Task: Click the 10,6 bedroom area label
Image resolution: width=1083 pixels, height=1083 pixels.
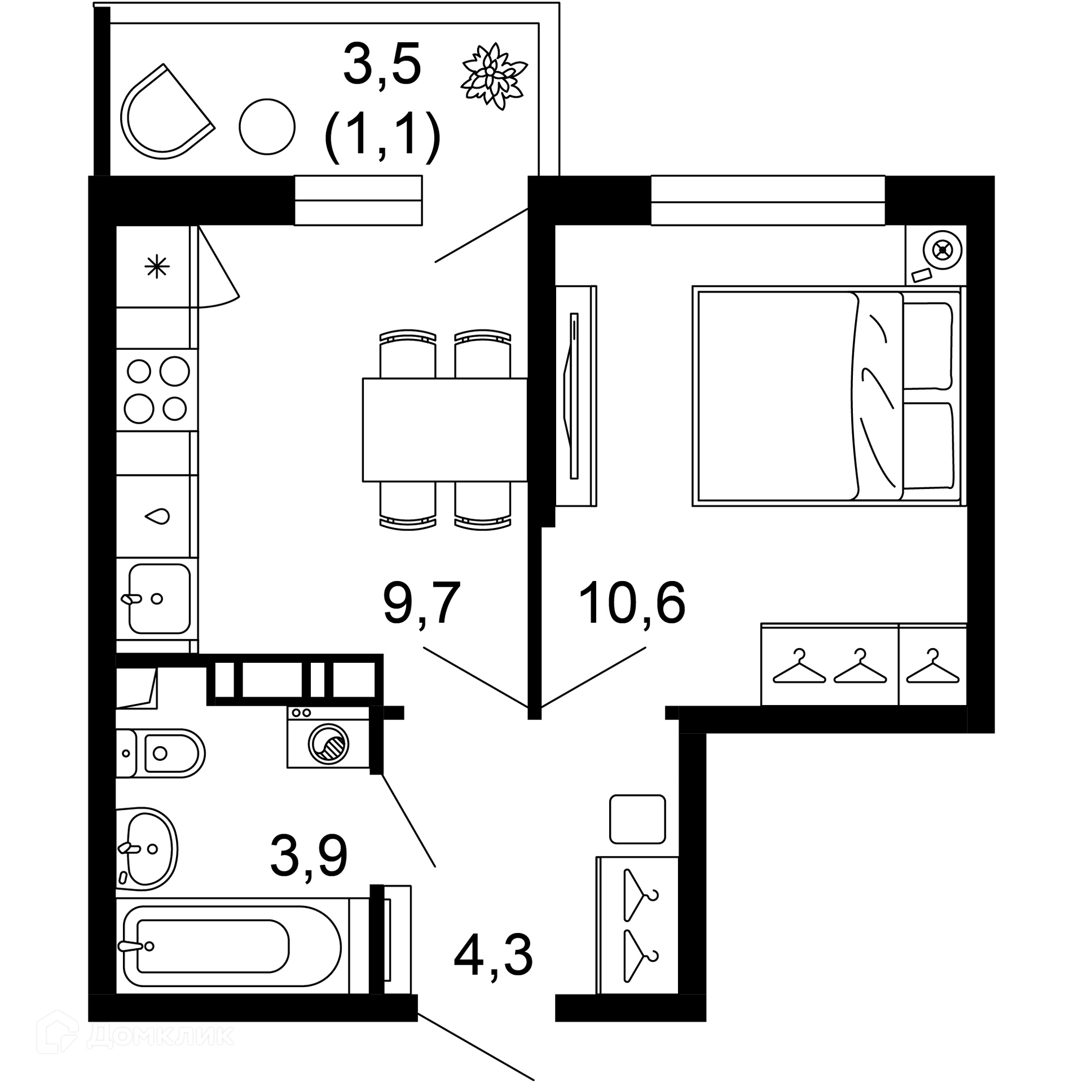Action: tap(632, 604)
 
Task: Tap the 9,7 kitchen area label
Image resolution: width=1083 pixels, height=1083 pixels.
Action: tap(422, 604)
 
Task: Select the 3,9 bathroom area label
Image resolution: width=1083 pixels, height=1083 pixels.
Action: tap(309, 856)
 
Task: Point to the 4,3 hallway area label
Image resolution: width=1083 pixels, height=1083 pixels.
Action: tap(493, 956)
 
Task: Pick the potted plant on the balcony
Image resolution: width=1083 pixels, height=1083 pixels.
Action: tap(494, 76)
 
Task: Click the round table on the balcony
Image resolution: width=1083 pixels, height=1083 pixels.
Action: tap(267, 127)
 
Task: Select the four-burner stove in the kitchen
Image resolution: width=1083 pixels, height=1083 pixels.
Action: tap(157, 390)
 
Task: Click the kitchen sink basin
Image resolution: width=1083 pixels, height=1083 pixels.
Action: tap(159, 598)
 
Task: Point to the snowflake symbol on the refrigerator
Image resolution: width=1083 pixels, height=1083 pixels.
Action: tap(157, 267)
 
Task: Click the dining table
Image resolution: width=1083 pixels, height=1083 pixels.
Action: tap(445, 430)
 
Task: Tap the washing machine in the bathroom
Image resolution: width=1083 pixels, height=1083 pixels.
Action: tap(328, 737)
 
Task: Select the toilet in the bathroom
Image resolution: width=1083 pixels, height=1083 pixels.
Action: tap(160, 753)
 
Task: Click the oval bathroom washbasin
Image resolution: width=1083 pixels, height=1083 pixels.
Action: tap(147, 849)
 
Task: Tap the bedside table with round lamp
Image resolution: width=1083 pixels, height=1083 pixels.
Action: tap(936, 256)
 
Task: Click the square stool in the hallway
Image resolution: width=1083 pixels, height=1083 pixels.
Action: tap(638, 819)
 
